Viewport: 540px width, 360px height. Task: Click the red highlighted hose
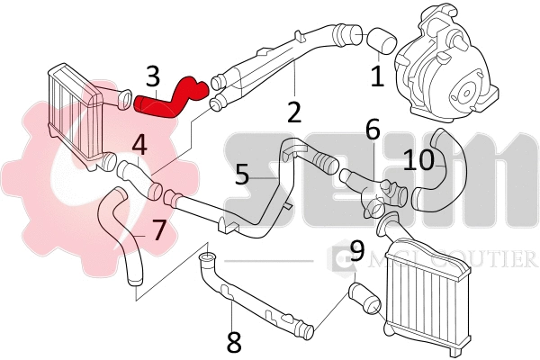(x=171, y=101)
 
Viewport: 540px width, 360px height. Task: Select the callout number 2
(x=293, y=112)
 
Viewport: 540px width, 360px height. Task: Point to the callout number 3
(x=153, y=76)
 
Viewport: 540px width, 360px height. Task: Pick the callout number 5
(x=241, y=173)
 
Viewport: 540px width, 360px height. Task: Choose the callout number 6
(x=372, y=132)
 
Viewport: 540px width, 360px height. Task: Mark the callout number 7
(x=158, y=230)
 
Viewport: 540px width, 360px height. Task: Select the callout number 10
(x=419, y=159)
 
